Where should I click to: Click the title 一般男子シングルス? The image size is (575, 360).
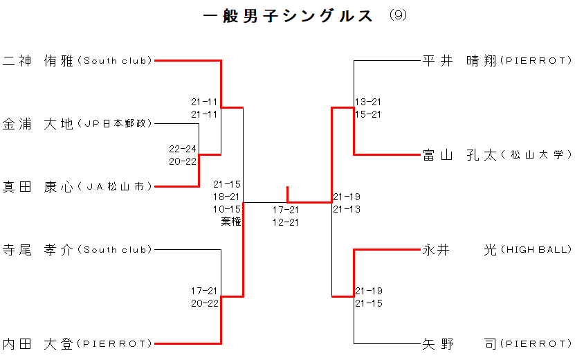point(289,17)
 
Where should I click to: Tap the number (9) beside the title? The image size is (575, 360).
point(398,15)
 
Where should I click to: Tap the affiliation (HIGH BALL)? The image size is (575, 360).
point(536,249)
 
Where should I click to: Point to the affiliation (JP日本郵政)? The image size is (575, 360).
point(115,124)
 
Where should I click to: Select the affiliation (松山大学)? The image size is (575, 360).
point(536,155)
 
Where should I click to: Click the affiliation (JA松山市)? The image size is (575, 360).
point(115,186)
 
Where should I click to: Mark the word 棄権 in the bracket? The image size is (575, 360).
point(231,222)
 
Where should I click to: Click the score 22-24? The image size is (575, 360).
point(183,149)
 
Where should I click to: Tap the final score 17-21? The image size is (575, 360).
point(285,210)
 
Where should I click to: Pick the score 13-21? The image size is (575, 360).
point(367,102)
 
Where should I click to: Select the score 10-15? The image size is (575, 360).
point(227,209)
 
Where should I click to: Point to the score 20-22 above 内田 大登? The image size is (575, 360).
point(205,303)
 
